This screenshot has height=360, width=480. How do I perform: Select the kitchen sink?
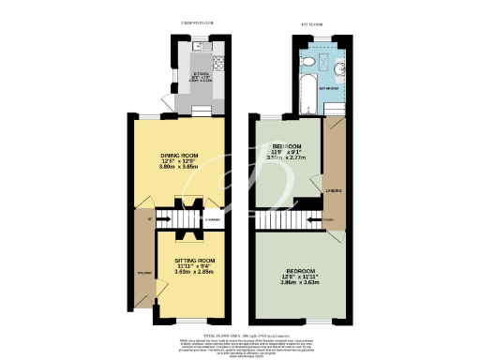pyautogui.click(x=199, y=45)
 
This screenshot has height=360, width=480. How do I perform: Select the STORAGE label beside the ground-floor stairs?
pyautogui.click(x=214, y=220)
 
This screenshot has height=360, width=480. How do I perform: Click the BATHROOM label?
pyautogui.click(x=331, y=87)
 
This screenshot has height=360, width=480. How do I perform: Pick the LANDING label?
pyautogui.click(x=333, y=192)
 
